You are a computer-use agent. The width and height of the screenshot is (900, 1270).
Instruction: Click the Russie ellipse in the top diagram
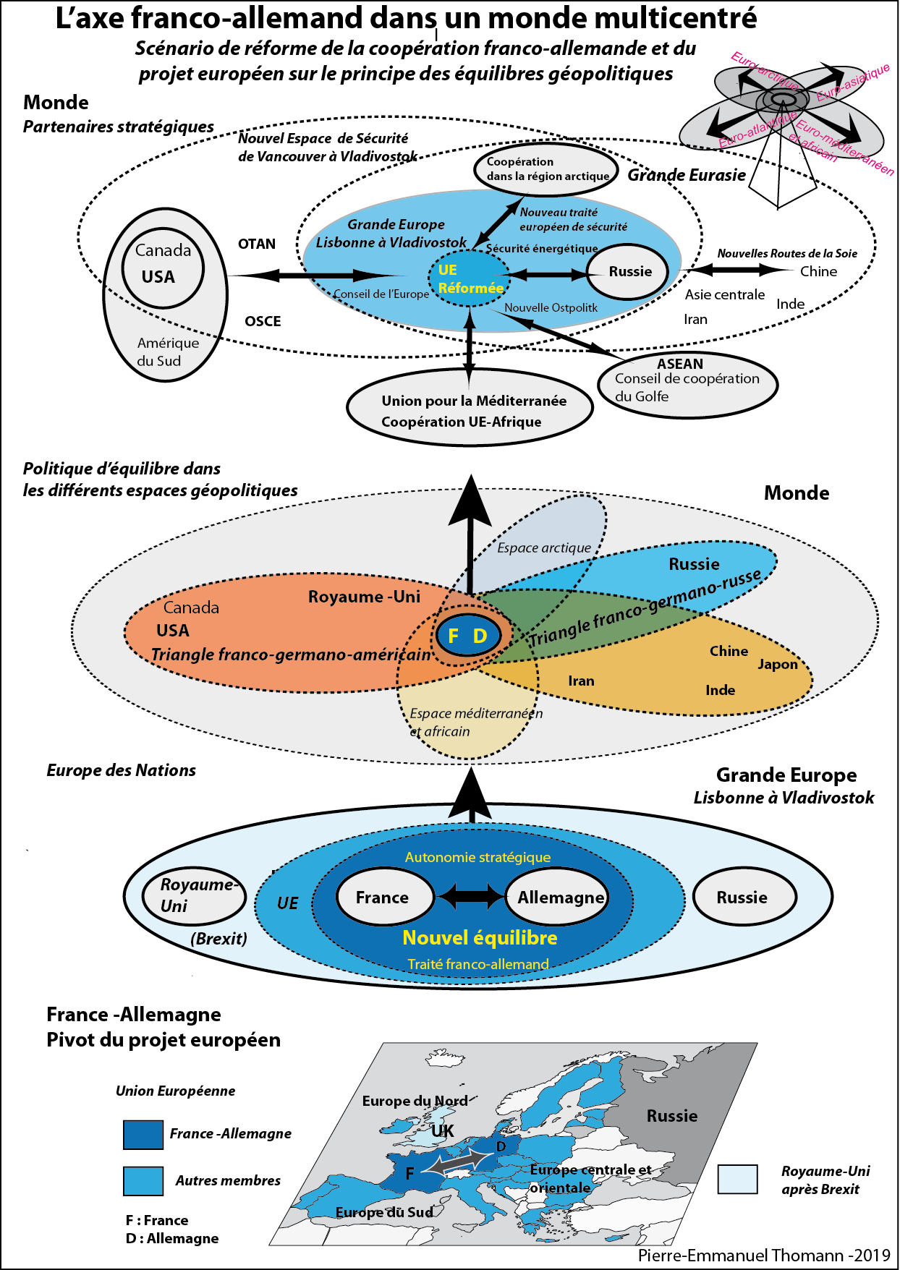pos(627,272)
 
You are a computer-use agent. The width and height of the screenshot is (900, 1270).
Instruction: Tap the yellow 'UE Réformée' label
pos(470,279)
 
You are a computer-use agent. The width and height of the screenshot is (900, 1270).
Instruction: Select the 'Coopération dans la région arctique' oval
pos(547,169)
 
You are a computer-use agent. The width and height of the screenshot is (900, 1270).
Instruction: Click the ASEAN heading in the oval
pos(680,364)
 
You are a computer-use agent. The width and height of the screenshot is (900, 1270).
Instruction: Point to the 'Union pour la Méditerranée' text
pos(474,401)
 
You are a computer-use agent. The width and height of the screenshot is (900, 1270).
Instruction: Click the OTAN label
pos(257,244)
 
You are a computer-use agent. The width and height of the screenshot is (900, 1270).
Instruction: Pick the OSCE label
pos(263,321)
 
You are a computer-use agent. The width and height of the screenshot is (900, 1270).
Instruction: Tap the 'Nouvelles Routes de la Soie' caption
pos(787,253)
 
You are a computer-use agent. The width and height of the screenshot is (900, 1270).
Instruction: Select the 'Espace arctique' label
pos(544,547)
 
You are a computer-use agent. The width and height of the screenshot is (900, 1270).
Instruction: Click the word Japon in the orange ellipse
pos(778,665)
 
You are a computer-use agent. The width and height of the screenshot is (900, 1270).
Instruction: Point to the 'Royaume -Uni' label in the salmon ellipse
pos(364,597)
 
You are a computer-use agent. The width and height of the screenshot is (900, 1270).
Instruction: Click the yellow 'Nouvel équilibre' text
pos(480,938)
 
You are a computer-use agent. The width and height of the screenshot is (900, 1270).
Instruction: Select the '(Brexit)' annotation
pos(218,939)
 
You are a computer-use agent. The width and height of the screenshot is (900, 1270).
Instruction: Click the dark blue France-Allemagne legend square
pos(143,1135)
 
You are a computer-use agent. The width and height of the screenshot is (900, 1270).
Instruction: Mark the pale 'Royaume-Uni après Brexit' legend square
pos(738,1179)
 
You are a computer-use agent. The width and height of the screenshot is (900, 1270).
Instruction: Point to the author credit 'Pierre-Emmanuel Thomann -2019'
pos(764,1256)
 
